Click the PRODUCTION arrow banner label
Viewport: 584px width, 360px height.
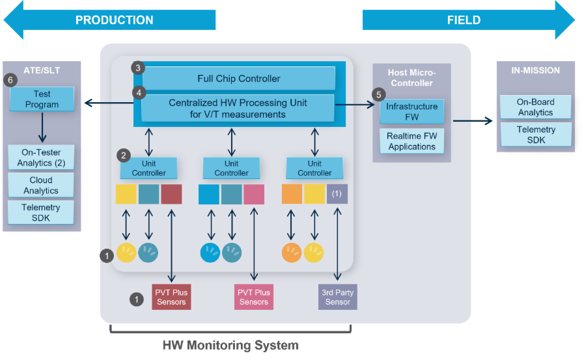coord(115,20)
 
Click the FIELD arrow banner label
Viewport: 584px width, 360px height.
coord(464,20)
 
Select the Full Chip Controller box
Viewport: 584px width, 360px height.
coord(238,79)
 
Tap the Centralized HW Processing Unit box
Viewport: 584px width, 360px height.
coord(238,109)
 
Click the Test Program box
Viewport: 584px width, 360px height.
coord(42,100)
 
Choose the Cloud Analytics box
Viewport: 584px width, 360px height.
coord(41,186)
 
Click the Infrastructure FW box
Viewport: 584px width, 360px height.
coord(411,112)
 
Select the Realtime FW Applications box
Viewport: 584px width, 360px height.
coord(411,141)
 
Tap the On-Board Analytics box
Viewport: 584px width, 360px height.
coord(535,107)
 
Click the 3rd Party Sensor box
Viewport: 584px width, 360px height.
coord(338,297)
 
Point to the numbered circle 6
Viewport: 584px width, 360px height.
coord(10,80)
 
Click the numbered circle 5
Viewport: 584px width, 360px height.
coord(379,94)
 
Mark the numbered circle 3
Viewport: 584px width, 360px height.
coord(137,68)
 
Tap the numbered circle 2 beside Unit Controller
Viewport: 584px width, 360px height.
coord(123,156)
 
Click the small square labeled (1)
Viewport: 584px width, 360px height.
coord(337,194)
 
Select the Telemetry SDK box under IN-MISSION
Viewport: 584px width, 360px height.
coord(535,135)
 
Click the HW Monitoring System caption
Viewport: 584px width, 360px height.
coord(230,345)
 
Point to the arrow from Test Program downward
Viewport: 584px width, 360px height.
coord(42,128)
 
